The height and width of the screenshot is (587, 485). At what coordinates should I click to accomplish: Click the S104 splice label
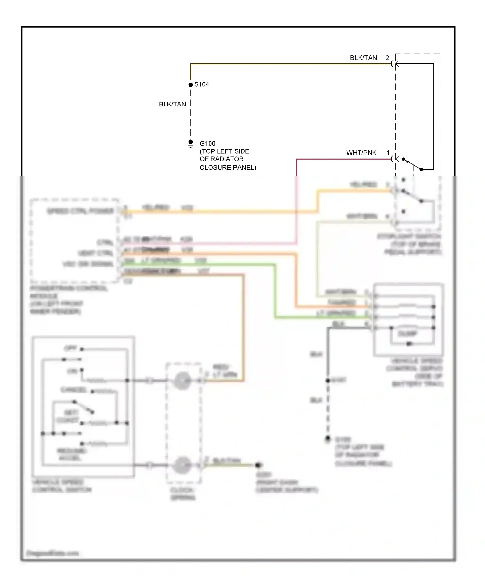tap(201, 84)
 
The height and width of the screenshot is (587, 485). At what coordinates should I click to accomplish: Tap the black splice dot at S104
tap(190, 85)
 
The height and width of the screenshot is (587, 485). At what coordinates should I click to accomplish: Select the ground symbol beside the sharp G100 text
tap(190, 143)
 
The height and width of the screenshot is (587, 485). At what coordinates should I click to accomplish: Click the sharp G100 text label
tap(208, 143)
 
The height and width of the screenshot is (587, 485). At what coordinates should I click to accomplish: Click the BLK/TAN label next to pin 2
tap(363, 58)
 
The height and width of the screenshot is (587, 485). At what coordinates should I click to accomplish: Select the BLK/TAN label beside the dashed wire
tap(172, 104)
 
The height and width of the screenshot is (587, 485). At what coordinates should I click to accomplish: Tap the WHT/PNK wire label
tap(361, 153)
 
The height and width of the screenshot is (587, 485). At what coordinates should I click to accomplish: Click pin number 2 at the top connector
tap(387, 58)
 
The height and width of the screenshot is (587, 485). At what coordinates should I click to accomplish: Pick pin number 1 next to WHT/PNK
tap(388, 153)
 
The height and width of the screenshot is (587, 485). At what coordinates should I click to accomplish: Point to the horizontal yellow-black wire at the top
tap(291, 64)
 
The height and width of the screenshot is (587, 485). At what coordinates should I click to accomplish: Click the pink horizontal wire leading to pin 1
tap(343, 159)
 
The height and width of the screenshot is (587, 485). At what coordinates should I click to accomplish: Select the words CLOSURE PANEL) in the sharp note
tap(228, 167)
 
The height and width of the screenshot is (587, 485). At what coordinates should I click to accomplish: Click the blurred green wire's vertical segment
tap(275, 291)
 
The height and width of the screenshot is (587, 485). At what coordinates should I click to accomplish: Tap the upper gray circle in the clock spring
tap(182, 381)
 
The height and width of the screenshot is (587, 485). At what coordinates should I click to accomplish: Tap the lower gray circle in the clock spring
tap(182, 465)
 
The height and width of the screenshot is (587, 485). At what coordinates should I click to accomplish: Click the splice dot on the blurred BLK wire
tap(328, 381)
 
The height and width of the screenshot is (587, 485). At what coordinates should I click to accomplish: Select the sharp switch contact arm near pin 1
tap(413, 164)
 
